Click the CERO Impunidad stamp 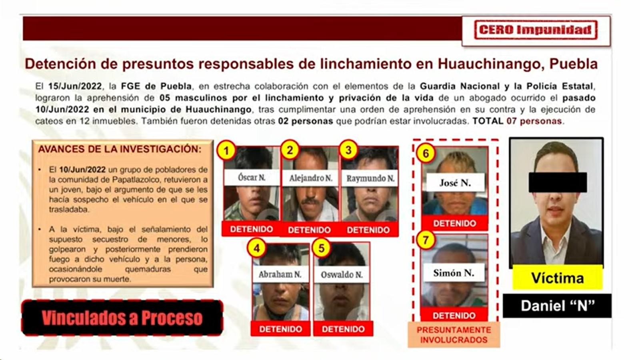point(536,30)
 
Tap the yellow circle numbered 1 point(226,151)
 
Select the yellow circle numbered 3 point(348,150)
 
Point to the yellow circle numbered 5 point(322,248)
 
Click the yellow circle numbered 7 point(426,240)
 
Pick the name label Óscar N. point(252,177)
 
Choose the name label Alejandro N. point(311,178)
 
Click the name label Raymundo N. point(370,178)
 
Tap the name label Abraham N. point(280,274)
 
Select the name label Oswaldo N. point(342,275)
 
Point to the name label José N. point(455,183)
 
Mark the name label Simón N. point(454,273)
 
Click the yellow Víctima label point(557,278)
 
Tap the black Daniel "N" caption point(557,306)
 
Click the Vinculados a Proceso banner point(122,318)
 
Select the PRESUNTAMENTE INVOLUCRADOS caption point(454,335)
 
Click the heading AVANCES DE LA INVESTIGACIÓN point(120,149)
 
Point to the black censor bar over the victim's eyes point(558,182)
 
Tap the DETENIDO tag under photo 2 point(309,230)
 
